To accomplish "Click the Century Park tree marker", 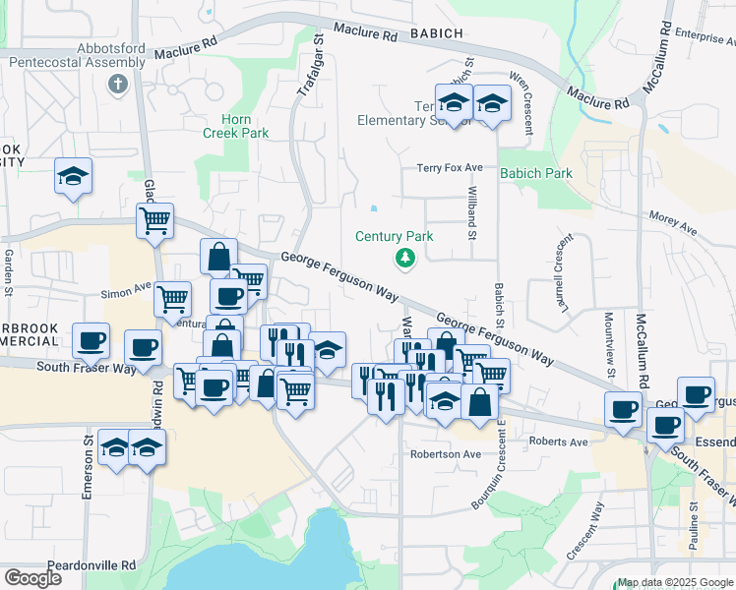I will pyautogui.click(x=403, y=258).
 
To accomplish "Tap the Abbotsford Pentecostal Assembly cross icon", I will pyautogui.click(x=117, y=84).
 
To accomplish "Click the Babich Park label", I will pyautogui.click(x=536, y=173).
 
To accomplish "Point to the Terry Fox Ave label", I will pyautogui.click(x=449, y=168).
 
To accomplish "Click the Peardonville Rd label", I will pyautogui.click(x=95, y=565).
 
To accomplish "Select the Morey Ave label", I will pyautogui.click(x=673, y=223).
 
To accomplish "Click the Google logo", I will pyautogui.click(x=32, y=577).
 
